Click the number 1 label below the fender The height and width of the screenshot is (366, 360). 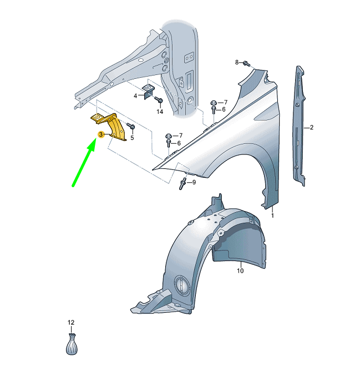[272, 214]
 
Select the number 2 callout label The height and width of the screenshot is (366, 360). [312, 128]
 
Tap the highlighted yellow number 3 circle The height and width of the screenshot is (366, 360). [101, 135]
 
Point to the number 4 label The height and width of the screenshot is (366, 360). [135, 96]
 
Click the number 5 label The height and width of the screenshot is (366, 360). [132, 137]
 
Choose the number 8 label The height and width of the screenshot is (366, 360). [237, 62]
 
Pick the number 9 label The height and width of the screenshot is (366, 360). [194, 182]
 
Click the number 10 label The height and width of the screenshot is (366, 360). [240, 271]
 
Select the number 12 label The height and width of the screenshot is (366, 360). [70, 323]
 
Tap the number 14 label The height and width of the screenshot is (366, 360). [160, 112]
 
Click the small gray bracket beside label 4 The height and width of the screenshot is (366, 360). [149, 91]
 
